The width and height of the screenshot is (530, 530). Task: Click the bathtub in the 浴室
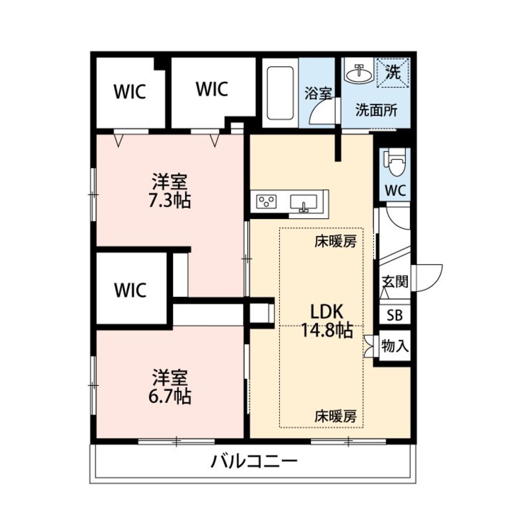point(280,93)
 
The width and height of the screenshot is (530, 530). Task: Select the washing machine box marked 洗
point(393,73)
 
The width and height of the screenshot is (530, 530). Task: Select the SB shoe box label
point(394,315)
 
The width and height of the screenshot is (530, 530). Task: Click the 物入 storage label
point(395,347)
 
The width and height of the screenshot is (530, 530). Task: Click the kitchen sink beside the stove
point(303,202)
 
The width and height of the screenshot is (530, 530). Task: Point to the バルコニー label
point(254,462)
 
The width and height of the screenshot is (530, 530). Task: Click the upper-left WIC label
point(129,92)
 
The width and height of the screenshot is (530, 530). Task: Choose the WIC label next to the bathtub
point(212,89)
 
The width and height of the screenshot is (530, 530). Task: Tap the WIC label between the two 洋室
point(131,290)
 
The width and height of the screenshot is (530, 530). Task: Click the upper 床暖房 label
point(335,242)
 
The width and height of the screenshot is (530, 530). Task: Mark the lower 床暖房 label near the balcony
point(335,416)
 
